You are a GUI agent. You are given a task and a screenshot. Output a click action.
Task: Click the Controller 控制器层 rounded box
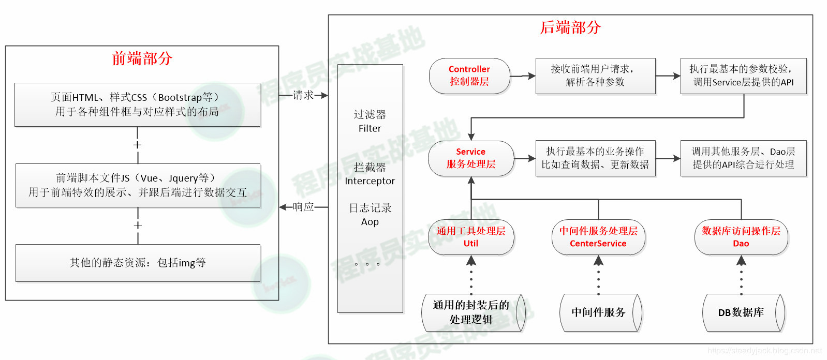click(469, 76)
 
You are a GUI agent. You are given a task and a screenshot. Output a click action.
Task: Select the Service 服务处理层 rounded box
click(471, 158)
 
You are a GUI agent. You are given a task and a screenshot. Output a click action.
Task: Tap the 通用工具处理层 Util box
click(471, 237)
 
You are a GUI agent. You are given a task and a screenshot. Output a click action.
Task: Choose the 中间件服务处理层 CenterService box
click(598, 237)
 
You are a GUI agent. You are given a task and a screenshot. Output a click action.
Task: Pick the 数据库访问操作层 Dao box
click(741, 237)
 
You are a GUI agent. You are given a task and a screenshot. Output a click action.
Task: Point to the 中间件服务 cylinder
click(599, 313)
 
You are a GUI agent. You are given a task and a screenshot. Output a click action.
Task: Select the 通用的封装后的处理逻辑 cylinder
click(471, 312)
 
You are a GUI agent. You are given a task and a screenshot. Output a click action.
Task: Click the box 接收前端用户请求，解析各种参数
click(595, 76)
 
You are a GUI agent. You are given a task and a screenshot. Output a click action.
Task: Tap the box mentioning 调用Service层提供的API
click(743, 76)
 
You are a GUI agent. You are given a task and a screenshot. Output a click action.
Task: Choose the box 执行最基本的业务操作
click(595, 158)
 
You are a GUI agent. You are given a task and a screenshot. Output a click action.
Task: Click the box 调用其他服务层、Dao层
click(743, 158)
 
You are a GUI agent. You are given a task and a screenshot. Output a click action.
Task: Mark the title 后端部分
click(570, 27)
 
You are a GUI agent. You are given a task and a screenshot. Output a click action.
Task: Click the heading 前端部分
click(142, 58)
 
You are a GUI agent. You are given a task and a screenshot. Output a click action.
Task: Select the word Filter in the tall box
click(370, 129)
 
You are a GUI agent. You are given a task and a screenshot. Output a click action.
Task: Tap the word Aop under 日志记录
click(370, 222)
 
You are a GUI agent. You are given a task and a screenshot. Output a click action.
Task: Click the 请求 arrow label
click(303, 95)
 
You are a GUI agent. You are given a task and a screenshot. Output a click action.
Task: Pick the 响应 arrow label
click(303, 207)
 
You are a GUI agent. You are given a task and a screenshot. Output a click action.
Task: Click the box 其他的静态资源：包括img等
click(138, 263)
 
